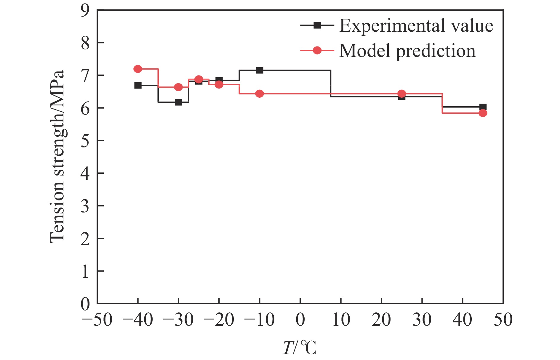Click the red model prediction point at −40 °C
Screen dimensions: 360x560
138,69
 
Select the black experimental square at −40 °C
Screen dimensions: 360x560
138,85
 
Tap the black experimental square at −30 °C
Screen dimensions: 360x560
178,102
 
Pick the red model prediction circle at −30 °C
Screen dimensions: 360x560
178,87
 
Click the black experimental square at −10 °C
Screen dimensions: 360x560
260,70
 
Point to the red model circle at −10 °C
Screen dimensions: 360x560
260,94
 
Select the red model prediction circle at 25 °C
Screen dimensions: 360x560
402,94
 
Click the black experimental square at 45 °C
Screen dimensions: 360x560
483,107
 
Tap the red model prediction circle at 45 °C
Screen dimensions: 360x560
483,113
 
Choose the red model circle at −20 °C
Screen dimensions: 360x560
219,85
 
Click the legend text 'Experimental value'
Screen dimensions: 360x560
416,26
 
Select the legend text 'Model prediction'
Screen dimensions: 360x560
407,51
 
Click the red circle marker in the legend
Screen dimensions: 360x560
317,51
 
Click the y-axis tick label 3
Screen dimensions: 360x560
85,206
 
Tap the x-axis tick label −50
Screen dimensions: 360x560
97,320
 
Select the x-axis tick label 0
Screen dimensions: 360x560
300,320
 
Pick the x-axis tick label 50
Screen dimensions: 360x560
503,320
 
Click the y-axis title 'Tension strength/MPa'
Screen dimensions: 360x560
57,157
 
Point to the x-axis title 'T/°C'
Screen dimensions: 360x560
300,348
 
